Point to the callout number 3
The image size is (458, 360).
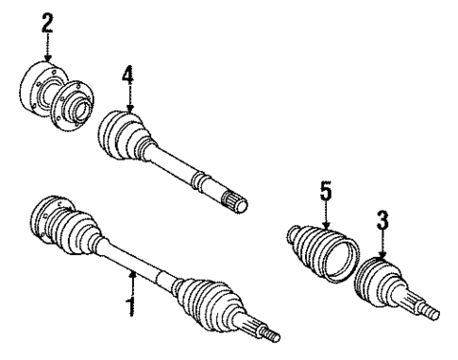coord(383,222)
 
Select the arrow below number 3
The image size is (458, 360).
coord(382,248)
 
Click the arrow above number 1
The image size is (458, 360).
coord(132,280)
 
